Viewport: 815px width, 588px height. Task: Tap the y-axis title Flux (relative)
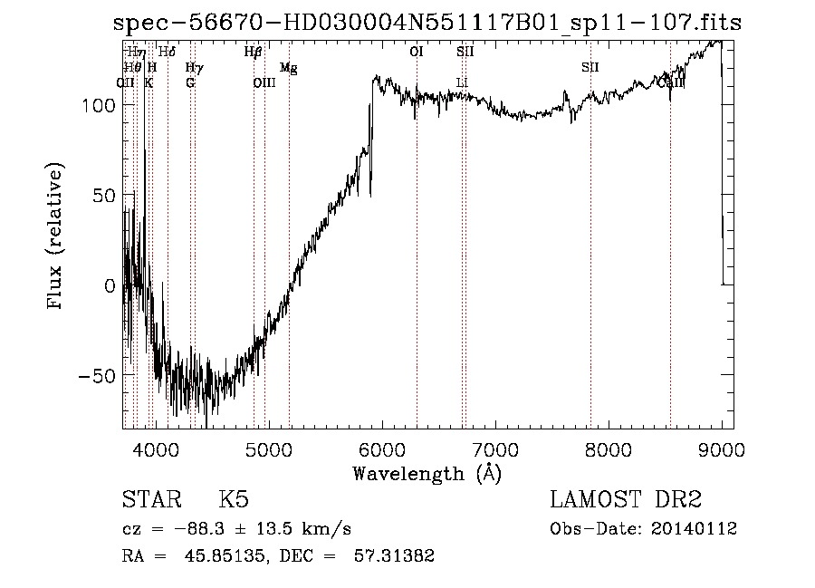pyautogui.click(x=57, y=237)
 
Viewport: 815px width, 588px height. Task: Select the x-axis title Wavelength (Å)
pyautogui.click(x=427, y=473)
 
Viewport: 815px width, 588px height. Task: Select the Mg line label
pyautogui.click(x=288, y=68)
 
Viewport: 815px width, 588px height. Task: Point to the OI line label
pyautogui.click(x=417, y=53)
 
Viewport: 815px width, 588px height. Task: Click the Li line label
pyautogui.click(x=462, y=83)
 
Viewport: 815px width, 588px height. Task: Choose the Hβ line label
pyautogui.click(x=254, y=53)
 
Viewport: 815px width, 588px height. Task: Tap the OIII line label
pyautogui.click(x=264, y=83)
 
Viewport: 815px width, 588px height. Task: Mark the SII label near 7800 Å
pyautogui.click(x=590, y=68)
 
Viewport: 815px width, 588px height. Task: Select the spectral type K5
pyautogui.click(x=234, y=500)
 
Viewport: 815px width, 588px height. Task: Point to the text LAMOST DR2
pyautogui.click(x=626, y=500)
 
